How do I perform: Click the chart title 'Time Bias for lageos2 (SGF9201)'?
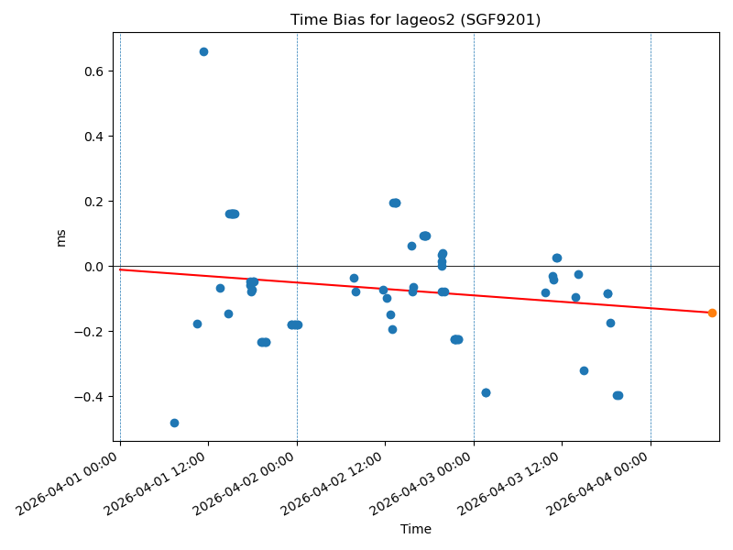(x=415, y=19)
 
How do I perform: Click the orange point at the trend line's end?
(x=712, y=313)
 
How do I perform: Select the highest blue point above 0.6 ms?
(x=203, y=51)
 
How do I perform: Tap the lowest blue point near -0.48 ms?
(x=174, y=423)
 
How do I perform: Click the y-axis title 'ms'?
(x=61, y=237)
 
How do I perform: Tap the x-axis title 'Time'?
(x=415, y=529)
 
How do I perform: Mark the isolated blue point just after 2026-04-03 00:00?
(x=486, y=392)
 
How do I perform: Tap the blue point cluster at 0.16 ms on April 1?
(x=232, y=214)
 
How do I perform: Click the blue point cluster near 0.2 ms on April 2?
(x=394, y=203)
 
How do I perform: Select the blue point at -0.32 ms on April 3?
(x=584, y=370)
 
